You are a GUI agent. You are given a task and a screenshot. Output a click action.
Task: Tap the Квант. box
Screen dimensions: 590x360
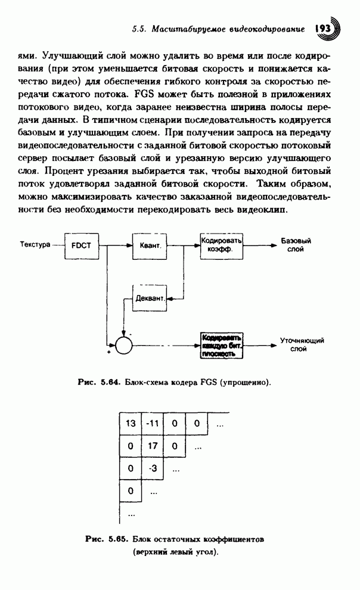pyautogui.click(x=147, y=245)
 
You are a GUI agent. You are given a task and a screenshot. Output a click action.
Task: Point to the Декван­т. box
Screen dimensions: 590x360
pyautogui.click(x=147, y=296)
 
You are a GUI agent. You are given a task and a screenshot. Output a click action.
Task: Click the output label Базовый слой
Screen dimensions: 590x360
pyautogui.click(x=296, y=246)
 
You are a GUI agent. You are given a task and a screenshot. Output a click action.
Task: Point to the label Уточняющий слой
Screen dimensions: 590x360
pyautogui.click(x=302, y=345)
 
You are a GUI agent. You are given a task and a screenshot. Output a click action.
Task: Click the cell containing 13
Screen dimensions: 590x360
pyautogui.click(x=131, y=424)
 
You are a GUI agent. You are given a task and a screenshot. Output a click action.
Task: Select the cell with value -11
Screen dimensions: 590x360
pyautogui.click(x=152, y=424)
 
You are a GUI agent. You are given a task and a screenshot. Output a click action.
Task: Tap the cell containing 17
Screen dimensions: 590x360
pyautogui.click(x=152, y=446)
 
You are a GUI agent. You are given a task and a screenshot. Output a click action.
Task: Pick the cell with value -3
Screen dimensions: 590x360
pyautogui.click(x=152, y=468)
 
